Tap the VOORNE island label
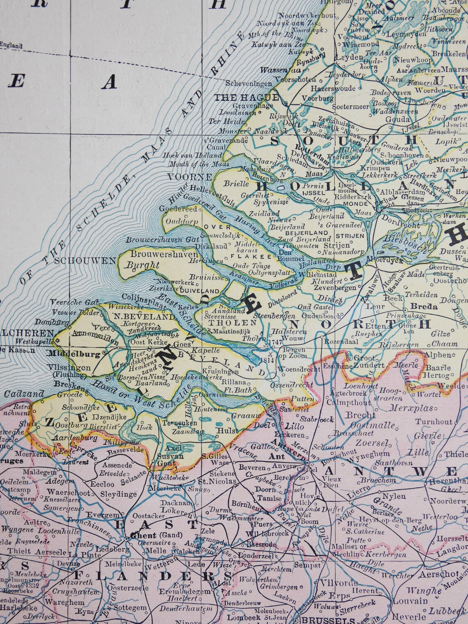coord(189,177)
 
